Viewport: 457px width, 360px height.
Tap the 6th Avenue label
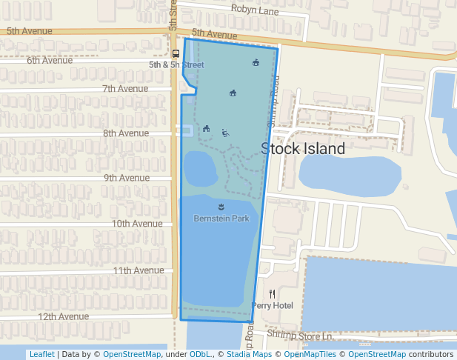click(x=50, y=60)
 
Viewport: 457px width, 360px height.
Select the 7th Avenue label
click(x=125, y=89)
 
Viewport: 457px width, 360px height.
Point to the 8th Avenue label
click(x=126, y=133)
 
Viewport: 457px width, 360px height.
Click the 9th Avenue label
click(x=126, y=178)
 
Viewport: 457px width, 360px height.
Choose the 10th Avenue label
click(x=137, y=224)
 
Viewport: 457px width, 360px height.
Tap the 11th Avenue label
click(x=138, y=271)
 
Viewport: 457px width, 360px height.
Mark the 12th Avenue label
click(x=63, y=316)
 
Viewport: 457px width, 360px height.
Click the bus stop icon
click(x=176, y=53)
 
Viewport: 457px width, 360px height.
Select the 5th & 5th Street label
click(x=176, y=65)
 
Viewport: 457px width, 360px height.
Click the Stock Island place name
click(x=303, y=149)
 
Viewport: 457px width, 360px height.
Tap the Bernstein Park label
click(x=221, y=219)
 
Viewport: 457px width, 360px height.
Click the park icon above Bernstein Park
click(x=221, y=207)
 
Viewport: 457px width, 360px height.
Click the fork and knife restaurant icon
click(x=272, y=293)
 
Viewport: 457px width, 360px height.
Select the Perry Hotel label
click(x=273, y=305)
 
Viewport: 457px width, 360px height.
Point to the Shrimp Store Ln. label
click(x=301, y=336)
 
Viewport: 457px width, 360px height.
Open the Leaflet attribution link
click(x=41, y=354)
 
